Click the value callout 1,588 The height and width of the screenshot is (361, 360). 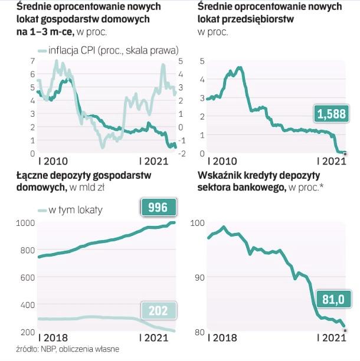tap(331, 114)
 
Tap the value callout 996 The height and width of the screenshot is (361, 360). tap(158, 207)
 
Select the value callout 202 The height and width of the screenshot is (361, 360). tap(158, 310)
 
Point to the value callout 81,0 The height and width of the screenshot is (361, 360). tap(331, 300)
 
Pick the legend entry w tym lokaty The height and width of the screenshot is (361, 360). tap(70, 209)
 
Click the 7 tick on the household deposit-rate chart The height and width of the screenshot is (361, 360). tap(24, 61)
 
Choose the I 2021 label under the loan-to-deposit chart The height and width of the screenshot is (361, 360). tap(330, 339)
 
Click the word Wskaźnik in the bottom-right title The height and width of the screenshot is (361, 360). tap(219, 175)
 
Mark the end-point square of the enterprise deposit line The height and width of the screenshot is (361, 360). tap(345, 153)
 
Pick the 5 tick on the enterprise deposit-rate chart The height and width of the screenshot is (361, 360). tap(202, 61)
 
